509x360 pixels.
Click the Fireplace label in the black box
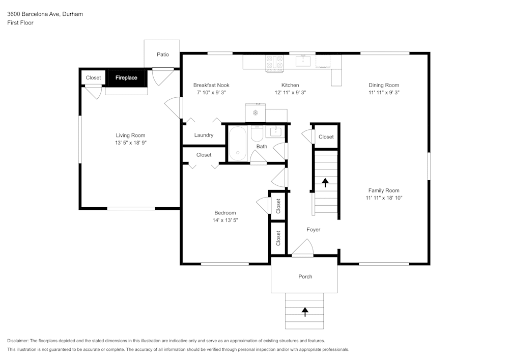coord(126,78)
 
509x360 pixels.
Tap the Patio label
coord(163,54)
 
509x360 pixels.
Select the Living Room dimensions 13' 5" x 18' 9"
coord(130,143)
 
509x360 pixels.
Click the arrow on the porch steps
coord(305,312)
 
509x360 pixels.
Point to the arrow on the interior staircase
coord(325,182)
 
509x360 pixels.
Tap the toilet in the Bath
coord(257,134)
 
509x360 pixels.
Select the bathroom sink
coord(275,132)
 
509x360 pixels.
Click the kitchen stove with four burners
coord(274,62)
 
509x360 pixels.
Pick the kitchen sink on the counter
coord(303,62)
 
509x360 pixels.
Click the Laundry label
coord(204,135)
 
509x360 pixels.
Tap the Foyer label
coord(314,230)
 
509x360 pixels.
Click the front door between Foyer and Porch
coord(302,250)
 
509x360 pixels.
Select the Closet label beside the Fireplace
coord(93,78)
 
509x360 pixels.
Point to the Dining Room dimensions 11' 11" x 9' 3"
coord(384,93)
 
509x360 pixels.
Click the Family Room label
coord(384,190)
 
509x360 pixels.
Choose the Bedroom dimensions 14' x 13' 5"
coord(224,220)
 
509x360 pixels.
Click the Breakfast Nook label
coord(211,85)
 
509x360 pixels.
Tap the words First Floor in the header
coord(20,23)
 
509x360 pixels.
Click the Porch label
coord(305,276)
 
